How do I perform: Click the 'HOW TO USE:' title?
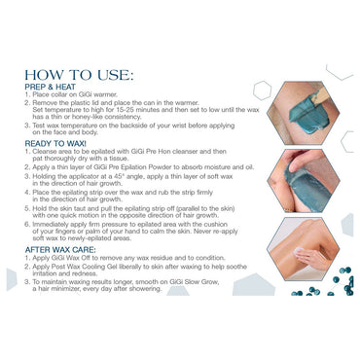(x=80, y=75)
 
